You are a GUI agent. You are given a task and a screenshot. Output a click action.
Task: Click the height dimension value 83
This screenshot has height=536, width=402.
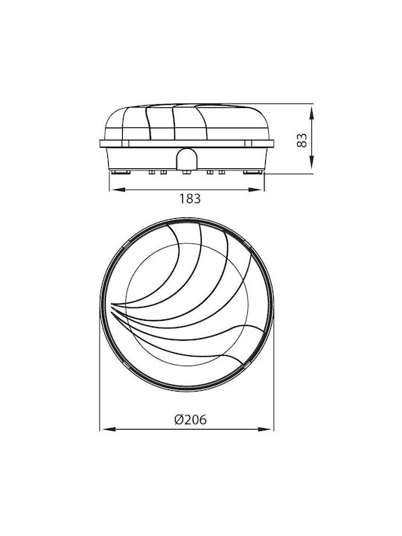(x=301, y=140)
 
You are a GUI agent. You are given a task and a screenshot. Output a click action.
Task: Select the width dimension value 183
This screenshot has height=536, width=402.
(x=191, y=199)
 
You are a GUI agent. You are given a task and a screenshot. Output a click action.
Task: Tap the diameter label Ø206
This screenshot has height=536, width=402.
(x=191, y=419)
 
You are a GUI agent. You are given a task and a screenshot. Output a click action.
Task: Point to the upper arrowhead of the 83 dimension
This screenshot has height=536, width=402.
(x=311, y=112)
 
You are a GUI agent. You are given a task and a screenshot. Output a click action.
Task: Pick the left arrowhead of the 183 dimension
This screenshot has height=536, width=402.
(x=117, y=190)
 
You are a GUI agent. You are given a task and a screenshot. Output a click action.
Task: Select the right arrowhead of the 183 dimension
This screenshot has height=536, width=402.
(x=256, y=190)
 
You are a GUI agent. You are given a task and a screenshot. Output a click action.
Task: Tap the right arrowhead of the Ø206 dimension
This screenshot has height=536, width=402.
(x=266, y=429)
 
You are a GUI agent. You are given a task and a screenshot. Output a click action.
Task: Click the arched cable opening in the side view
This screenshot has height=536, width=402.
(x=187, y=159)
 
